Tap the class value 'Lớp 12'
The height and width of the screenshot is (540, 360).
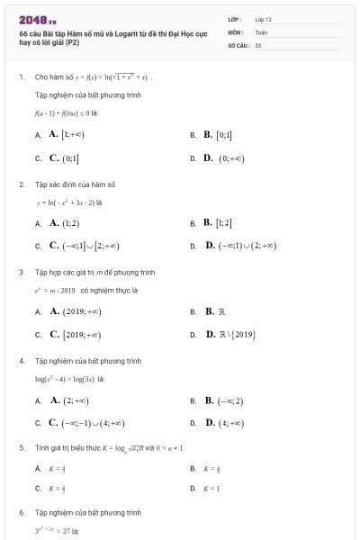click(x=263, y=19)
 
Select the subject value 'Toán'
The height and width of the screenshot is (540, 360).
click(x=261, y=31)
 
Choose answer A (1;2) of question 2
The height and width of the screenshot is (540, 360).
click(x=64, y=222)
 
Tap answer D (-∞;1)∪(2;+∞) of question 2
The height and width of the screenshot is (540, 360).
click(x=242, y=245)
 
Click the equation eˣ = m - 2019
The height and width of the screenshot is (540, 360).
click(x=56, y=290)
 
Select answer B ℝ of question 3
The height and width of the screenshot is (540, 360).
click(x=214, y=311)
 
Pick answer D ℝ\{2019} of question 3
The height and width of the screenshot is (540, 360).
click(x=229, y=335)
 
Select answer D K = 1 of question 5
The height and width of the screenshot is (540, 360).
click(x=212, y=489)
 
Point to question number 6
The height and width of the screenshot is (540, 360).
click(x=21, y=512)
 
